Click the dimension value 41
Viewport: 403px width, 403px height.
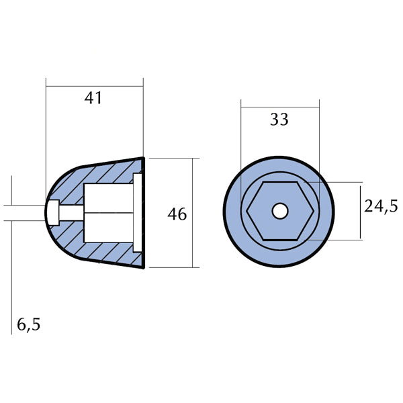pos(94,98)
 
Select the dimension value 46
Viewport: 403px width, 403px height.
pos(177,214)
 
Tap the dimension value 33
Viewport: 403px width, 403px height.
pos(279,120)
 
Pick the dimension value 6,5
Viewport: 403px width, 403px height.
pos(28,325)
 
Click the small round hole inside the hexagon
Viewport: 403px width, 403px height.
pos(279,211)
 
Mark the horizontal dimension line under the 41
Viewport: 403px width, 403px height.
pos(94,85)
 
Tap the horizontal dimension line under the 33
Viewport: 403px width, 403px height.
pos(279,105)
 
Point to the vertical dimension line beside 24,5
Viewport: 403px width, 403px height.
pos(361,210)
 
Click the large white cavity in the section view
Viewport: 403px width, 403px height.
pos(107,212)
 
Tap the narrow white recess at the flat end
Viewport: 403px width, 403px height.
pos(138,212)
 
